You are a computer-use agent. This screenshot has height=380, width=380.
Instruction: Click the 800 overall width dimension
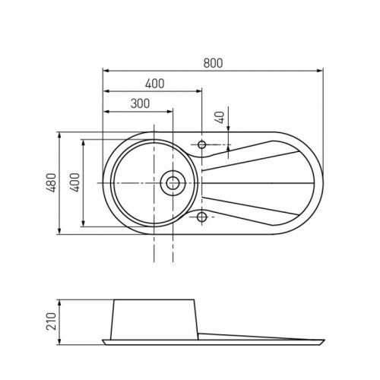point(213,63)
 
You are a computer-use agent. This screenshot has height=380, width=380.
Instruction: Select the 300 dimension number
point(140,103)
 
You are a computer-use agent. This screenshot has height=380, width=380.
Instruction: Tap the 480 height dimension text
point(52,182)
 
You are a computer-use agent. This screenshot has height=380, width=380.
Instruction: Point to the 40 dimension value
point(221,117)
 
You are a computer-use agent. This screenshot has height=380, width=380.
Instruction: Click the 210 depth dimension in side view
point(51,321)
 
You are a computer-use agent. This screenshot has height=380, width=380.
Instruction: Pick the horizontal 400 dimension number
point(154,84)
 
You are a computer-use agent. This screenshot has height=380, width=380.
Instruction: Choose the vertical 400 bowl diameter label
point(74,182)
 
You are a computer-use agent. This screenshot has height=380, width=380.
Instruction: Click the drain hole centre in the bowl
point(173,182)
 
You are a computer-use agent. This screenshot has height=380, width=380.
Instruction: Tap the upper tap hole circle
point(202,144)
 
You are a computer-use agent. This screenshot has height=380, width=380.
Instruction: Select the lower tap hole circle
point(202,217)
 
